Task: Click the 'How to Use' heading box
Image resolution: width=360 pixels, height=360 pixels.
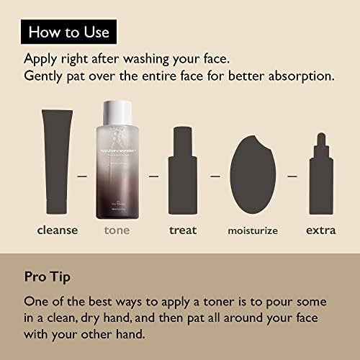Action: (x=68, y=32)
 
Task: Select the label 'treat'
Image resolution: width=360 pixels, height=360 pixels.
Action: (x=182, y=230)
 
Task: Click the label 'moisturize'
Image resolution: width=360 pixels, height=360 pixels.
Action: (x=253, y=231)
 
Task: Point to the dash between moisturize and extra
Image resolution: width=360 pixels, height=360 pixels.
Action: (x=292, y=175)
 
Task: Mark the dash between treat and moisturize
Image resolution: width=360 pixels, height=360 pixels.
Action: (x=215, y=175)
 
